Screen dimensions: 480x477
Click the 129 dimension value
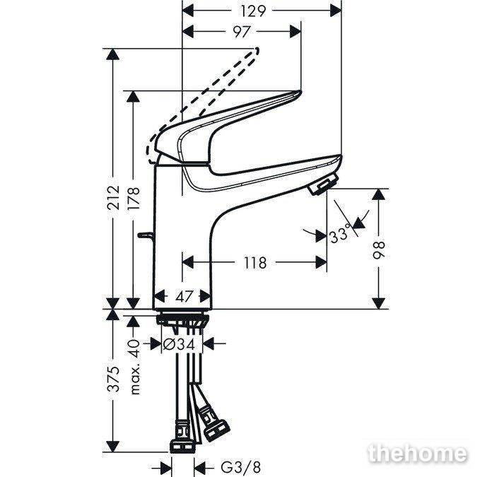point(253,11)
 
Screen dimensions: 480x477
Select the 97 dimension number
point(242,32)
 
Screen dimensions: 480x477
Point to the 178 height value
point(134,198)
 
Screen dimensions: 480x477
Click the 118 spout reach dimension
point(255,263)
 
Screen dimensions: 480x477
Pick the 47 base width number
point(185,296)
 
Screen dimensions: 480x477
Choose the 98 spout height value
point(379,250)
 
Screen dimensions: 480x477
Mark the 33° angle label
point(339,234)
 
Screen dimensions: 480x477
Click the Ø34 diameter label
point(179,345)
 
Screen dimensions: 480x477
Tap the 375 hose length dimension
point(114,379)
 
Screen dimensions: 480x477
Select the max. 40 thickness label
point(134,367)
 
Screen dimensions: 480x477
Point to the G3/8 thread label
point(241,468)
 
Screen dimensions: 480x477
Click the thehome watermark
point(418,454)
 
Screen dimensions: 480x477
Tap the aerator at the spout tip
point(322,184)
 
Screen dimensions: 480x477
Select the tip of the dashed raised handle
point(257,50)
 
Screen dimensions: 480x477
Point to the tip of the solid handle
point(299,92)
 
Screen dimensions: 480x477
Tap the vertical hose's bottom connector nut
point(182,446)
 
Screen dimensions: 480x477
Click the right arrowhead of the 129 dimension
point(336,11)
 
